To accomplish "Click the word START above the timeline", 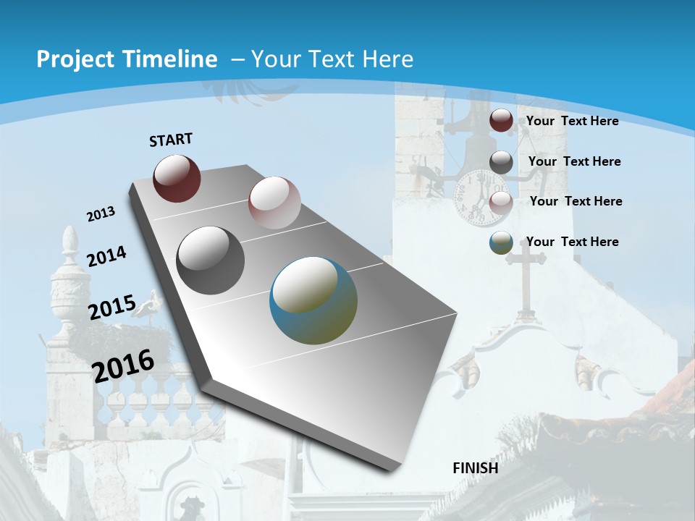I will click(x=171, y=140).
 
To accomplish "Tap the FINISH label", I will click(x=476, y=467).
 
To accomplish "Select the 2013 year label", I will click(x=101, y=214).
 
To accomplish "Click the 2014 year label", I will click(x=106, y=256).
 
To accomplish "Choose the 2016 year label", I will click(x=123, y=365).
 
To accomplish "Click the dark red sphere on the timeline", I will click(x=177, y=178).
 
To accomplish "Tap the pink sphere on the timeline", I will click(x=274, y=203).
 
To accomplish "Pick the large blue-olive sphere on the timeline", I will click(x=313, y=300).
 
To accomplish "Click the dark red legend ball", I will click(x=501, y=121).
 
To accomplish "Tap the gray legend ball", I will click(x=501, y=162).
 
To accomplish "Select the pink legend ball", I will click(x=501, y=203).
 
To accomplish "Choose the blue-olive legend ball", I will click(x=501, y=243).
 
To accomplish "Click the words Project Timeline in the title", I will click(x=127, y=59).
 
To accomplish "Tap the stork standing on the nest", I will click(x=151, y=307).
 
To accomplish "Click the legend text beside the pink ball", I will click(x=576, y=201).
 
